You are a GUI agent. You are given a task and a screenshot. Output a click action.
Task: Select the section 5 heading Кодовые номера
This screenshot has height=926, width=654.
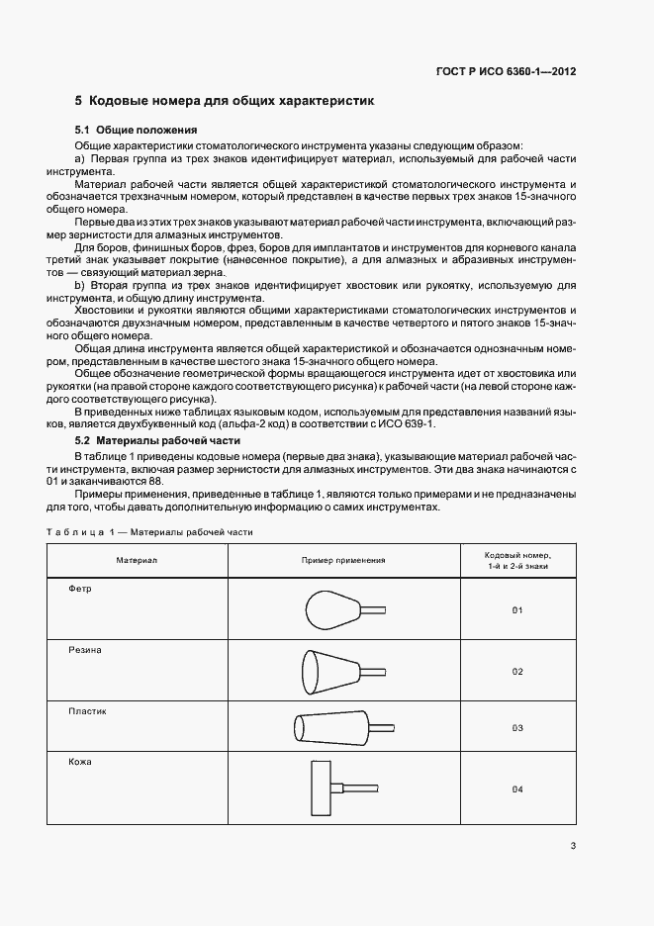coord(225,101)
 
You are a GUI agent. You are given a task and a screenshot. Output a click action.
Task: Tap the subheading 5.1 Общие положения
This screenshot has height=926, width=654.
coord(138,131)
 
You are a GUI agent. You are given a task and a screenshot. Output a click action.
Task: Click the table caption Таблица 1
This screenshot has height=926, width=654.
coord(149,531)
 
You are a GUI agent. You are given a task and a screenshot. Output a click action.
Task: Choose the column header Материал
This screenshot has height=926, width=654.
coord(137,561)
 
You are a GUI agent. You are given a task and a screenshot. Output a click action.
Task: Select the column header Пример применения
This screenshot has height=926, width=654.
coord(343,561)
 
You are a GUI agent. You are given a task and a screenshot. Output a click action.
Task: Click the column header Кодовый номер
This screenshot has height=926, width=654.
coord(516,561)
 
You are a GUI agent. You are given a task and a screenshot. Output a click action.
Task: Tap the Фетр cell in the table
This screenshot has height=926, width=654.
coord(80,589)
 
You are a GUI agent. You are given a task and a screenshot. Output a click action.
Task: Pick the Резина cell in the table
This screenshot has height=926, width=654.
coord(85,650)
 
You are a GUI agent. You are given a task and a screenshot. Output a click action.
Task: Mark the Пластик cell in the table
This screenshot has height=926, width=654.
coord(87,711)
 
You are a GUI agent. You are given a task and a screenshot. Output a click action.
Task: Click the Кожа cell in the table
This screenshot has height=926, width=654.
coord(80,763)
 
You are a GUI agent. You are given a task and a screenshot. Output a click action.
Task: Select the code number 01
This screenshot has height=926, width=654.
coord(516,610)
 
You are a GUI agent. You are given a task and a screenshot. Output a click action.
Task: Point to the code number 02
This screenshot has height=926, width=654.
coord(516,672)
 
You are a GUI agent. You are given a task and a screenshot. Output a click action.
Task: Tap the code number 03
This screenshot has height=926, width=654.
coord(516,728)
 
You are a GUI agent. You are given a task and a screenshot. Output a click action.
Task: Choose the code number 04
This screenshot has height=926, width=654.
coord(516,789)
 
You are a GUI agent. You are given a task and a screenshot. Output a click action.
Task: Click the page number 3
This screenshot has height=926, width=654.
coord(573,845)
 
